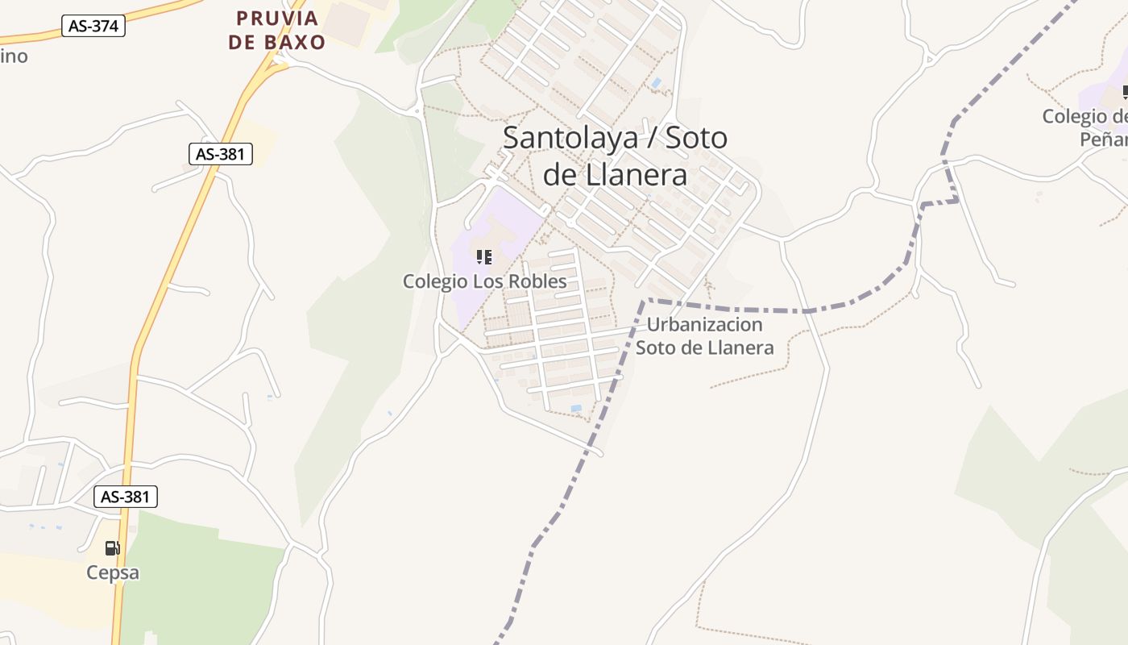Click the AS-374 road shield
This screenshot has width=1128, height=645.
click(x=93, y=26)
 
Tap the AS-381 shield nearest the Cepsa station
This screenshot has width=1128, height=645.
click(x=126, y=497)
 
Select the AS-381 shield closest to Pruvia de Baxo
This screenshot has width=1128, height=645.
click(x=221, y=153)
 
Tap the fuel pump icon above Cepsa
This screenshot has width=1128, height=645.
click(x=113, y=548)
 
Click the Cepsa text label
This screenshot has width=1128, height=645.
click(x=113, y=573)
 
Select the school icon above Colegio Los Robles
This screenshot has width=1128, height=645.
click(x=484, y=257)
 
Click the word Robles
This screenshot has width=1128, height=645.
click(x=541, y=281)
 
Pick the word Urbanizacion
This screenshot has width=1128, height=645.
click(x=705, y=325)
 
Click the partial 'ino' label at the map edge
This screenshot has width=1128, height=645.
click(x=14, y=56)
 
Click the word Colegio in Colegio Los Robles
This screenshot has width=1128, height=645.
click(x=435, y=281)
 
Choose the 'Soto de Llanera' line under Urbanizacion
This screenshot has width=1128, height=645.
click(x=705, y=348)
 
